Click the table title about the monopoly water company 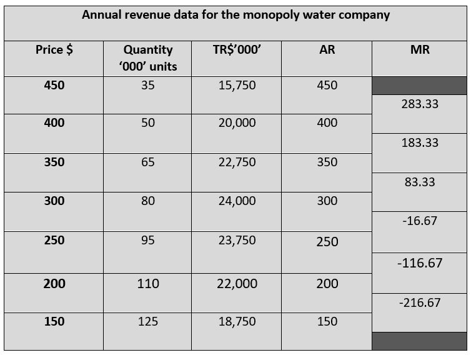tap(235, 15)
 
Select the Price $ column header tap(54, 50)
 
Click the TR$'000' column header tap(237, 50)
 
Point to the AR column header tap(327, 50)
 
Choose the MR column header tap(420, 50)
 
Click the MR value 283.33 tap(420, 104)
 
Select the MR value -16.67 tap(420, 221)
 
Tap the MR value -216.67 tap(420, 302)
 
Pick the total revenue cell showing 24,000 tap(237, 201)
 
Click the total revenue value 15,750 tap(237, 86)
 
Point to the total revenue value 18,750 tap(237, 322)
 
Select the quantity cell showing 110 tap(147, 284)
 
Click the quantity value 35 tap(147, 86)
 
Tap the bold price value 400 tap(54, 123)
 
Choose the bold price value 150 tap(54, 322)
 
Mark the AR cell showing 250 tap(327, 242)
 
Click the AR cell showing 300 tap(327, 201)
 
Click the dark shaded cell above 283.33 tap(420, 86)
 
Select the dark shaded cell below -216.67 tap(420, 341)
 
